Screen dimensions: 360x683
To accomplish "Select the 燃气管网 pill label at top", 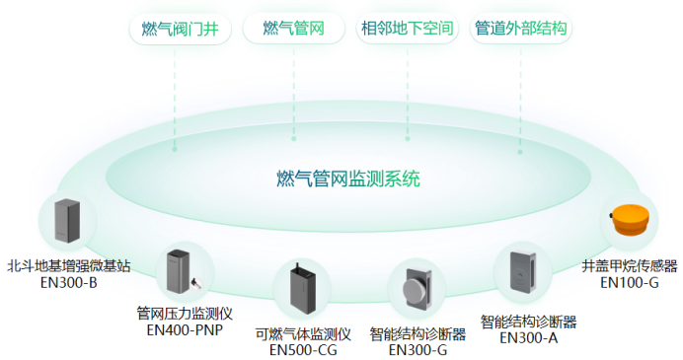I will click(x=294, y=29).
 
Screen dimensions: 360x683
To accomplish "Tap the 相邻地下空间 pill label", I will click(x=408, y=29).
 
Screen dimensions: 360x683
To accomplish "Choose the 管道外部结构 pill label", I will click(x=520, y=29).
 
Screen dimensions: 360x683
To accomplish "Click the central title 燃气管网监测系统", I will click(x=348, y=179).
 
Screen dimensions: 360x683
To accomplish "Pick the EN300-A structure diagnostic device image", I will click(x=522, y=271).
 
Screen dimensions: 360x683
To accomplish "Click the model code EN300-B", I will click(x=68, y=283).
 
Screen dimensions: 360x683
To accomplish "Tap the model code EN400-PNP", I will click(x=185, y=329).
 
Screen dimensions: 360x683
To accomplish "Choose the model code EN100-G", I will click(x=630, y=283).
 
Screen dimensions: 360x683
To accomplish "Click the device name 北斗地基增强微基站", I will click(x=68, y=266).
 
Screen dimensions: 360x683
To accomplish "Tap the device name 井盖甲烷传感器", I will click(x=630, y=266).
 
